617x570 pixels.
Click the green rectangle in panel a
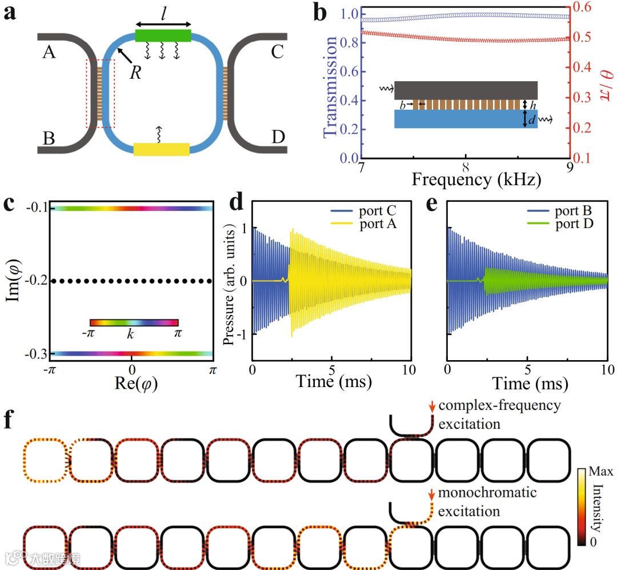163,35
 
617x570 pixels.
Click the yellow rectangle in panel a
161,149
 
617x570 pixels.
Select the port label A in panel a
49,53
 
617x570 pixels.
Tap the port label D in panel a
278,138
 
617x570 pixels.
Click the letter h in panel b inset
532,105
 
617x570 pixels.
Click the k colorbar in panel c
134,322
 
